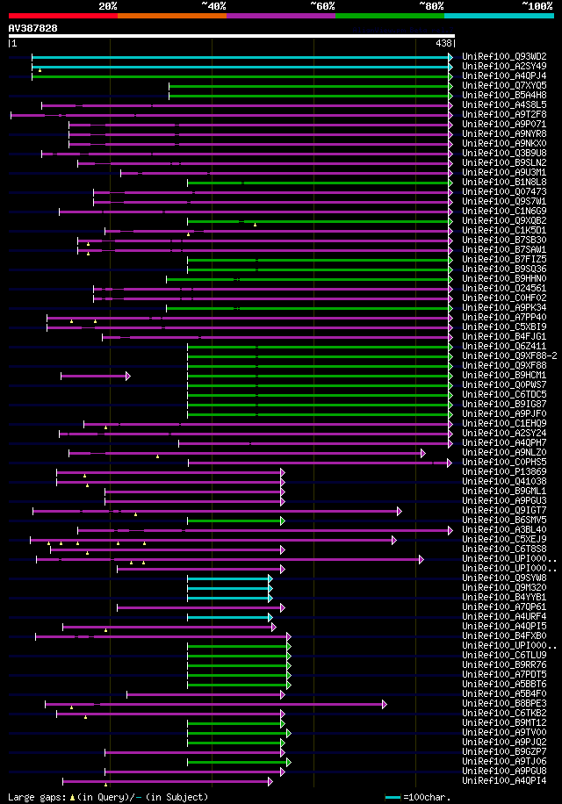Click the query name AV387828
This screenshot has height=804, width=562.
point(32,28)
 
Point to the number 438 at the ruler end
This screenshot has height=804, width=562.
point(443,43)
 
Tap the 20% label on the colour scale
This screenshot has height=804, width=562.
point(108,5)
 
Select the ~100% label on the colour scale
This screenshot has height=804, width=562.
point(537,5)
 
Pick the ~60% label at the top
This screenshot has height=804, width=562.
point(322,5)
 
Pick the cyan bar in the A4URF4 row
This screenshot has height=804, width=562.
point(229,616)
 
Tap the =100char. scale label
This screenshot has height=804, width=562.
point(427,797)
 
